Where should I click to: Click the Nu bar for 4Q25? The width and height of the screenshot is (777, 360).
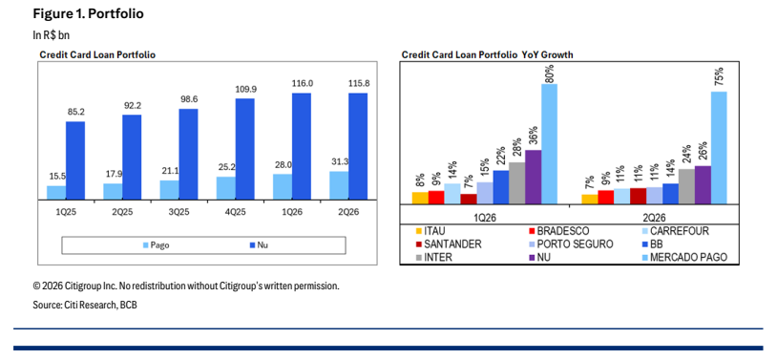click(x=244, y=149)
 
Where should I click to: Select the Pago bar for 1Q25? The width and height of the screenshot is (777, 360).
click(x=56, y=194)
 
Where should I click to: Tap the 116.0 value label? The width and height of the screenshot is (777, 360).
click(x=302, y=83)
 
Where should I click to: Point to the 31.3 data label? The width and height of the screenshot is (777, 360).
click(x=340, y=161)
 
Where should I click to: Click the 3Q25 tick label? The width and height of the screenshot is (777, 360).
click(x=178, y=212)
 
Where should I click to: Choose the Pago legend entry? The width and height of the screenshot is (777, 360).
click(x=156, y=245)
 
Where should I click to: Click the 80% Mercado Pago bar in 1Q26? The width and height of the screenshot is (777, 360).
click(x=549, y=144)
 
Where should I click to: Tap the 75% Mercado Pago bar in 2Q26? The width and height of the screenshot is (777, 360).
click(x=719, y=148)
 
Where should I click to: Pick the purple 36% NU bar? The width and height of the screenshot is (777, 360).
click(x=534, y=177)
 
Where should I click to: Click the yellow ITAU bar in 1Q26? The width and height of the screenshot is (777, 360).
click(x=420, y=198)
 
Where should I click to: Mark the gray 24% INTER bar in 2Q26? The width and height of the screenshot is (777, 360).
click(x=687, y=186)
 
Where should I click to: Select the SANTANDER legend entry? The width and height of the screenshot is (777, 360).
click(x=449, y=244)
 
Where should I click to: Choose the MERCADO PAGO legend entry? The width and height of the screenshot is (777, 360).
click(x=684, y=258)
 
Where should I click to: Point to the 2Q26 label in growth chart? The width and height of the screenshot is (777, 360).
click(x=654, y=218)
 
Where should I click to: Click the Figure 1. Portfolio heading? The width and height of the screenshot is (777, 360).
click(x=88, y=14)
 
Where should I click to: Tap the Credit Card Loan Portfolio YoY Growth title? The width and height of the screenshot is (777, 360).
click(x=487, y=55)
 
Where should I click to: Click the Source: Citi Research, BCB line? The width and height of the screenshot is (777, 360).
click(x=85, y=305)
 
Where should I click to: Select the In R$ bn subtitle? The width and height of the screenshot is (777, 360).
click(x=48, y=35)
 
